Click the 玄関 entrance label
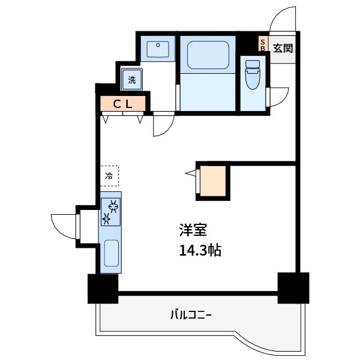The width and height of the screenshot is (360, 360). point(283,48)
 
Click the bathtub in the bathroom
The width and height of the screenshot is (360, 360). point(208,56)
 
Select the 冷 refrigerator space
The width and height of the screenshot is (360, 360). point(109,176)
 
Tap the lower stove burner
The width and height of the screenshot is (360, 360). point(107,219)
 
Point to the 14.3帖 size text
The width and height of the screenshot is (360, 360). point(199,250)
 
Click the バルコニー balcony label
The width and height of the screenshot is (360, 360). point(191,314)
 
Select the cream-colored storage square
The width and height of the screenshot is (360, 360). point(213,181)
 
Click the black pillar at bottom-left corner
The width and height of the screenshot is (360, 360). point(103,289)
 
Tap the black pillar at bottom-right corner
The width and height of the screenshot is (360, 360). point(293,287)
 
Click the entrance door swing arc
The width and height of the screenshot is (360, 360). point(282,19)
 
